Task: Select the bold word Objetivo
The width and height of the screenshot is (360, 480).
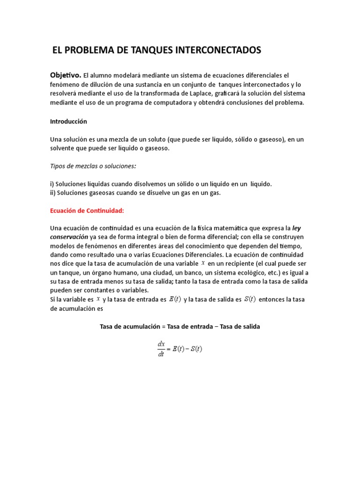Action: tap(66, 75)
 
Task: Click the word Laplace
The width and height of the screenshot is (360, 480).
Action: tap(184, 94)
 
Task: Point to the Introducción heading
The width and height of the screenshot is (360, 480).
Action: tap(68, 121)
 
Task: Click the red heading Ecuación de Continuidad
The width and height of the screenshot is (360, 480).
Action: tap(87, 210)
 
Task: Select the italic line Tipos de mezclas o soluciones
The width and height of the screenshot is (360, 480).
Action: tap(93, 166)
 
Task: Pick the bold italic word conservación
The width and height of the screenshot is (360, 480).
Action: tap(69, 237)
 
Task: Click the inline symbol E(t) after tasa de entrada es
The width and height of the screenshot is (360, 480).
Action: tap(174, 300)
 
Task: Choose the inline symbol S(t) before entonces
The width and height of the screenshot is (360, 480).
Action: tap(250, 300)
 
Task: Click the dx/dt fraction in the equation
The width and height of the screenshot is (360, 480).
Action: tap(161, 349)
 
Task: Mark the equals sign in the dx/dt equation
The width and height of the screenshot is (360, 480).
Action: tap(169, 349)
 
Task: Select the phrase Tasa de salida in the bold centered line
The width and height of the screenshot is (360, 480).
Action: tap(239, 326)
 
